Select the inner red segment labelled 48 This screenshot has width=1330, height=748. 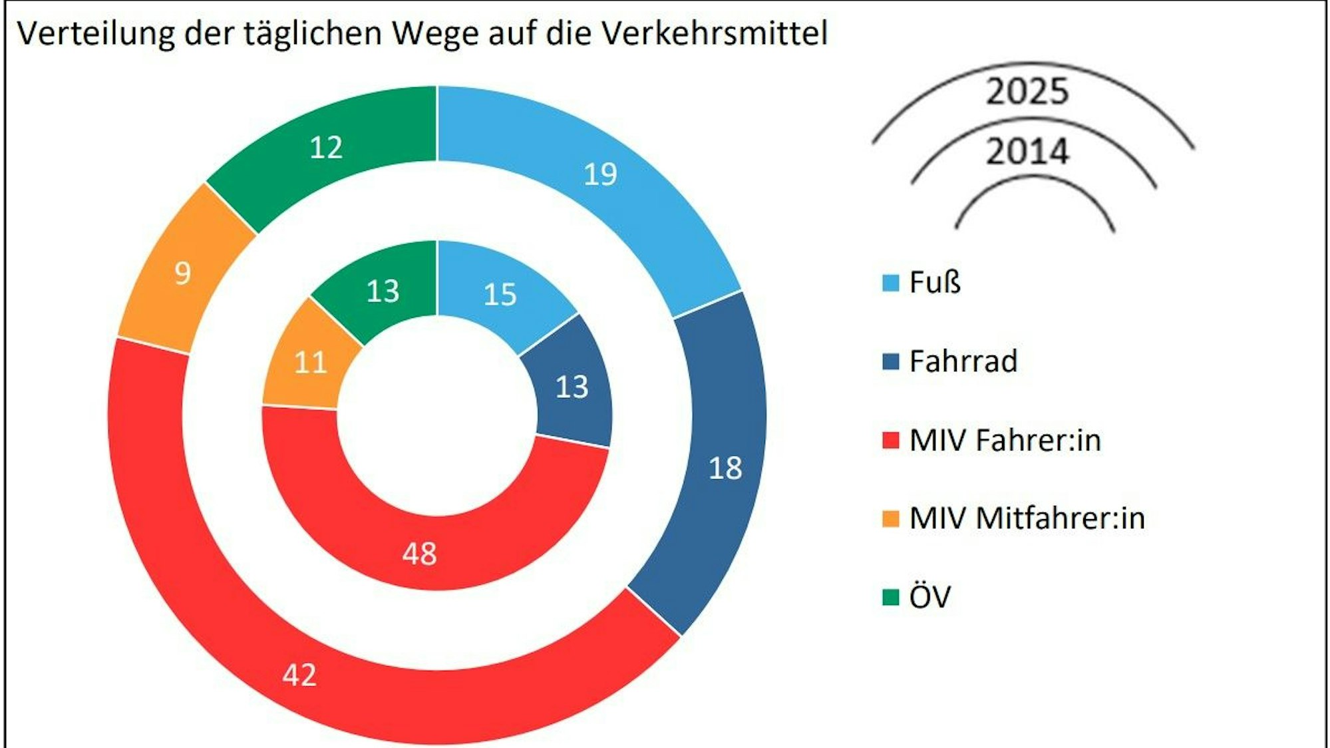(x=419, y=553)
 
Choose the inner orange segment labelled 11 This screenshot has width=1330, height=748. (x=310, y=363)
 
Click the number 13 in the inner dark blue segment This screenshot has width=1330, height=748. (x=572, y=387)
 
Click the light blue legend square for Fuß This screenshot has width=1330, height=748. (x=890, y=283)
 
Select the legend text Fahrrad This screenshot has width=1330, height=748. (x=963, y=361)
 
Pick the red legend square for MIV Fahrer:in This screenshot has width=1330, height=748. (x=890, y=440)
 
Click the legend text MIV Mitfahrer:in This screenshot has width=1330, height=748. (x=1027, y=518)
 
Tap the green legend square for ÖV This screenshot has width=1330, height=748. (x=890, y=597)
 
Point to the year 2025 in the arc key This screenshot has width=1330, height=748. (x=1027, y=91)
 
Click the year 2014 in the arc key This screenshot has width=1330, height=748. (x=1027, y=151)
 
